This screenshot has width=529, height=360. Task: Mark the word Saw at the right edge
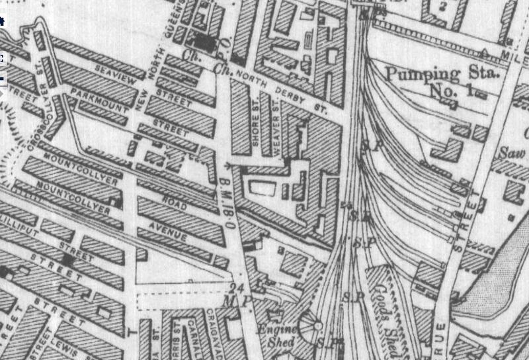click(510, 153)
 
